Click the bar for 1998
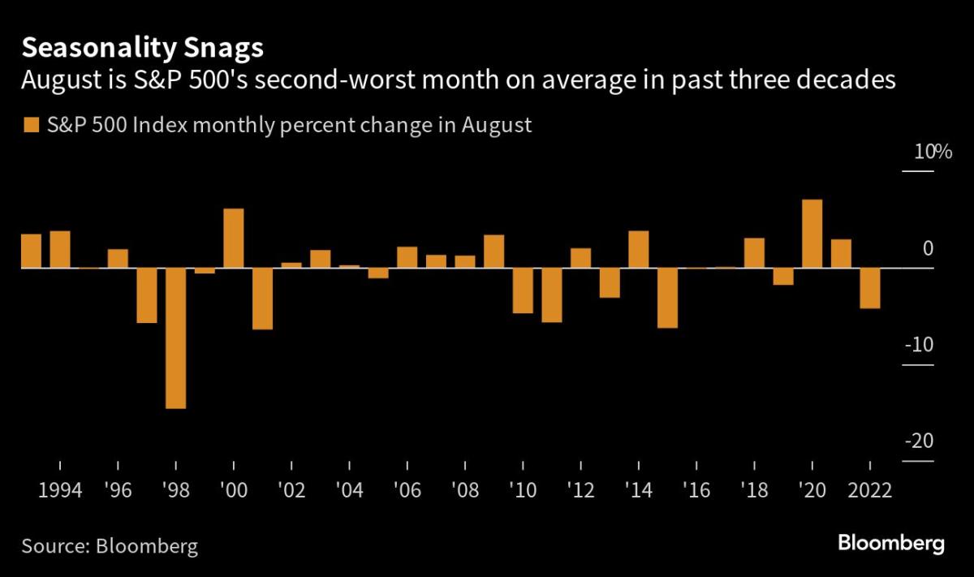tap(175, 338)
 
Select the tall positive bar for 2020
tap(812, 234)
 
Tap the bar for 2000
tap(234, 238)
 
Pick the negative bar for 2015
tap(667, 298)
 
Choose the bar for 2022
tap(869, 288)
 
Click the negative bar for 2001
tap(262, 299)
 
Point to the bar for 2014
tap(639, 249)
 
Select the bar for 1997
tap(147, 295)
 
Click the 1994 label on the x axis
tap(60, 492)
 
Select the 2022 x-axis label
tap(869, 492)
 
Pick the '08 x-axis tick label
tap(465, 492)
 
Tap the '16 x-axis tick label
tap(696, 492)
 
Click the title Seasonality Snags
tap(142, 49)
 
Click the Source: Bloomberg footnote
tap(110, 545)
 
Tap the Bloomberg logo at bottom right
tap(890, 543)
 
